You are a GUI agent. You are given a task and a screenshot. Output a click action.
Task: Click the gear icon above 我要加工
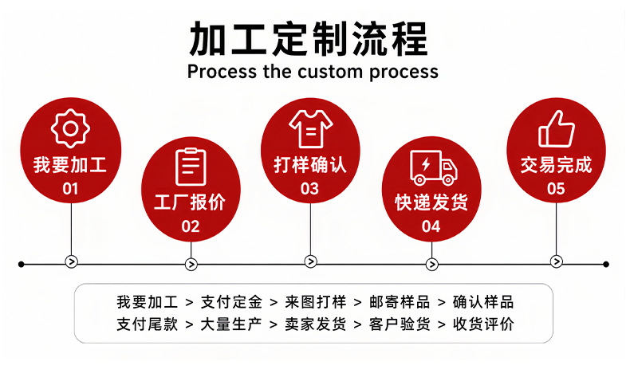pyautogui.click(x=70, y=128)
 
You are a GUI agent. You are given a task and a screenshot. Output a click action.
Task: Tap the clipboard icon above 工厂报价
pyautogui.click(x=191, y=167)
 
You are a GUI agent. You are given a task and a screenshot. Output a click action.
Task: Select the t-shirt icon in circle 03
pyautogui.click(x=310, y=129)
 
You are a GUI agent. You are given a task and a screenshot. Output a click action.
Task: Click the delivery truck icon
pyautogui.click(x=434, y=167)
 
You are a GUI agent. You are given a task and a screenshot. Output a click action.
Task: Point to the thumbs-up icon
pyautogui.click(x=557, y=129)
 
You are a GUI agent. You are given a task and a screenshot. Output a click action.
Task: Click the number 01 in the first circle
pyautogui.click(x=70, y=189)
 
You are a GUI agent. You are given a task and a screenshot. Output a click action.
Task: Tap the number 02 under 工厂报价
pyautogui.click(x=191, y=226)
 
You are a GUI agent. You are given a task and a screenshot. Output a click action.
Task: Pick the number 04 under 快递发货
pyautogui.click(x=431, y=226)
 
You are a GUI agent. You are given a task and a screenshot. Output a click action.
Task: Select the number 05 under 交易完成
pyautogui.click(x=556, y=189)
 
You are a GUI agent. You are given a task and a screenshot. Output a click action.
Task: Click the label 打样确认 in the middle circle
pyautogui.click(x=310, y=165)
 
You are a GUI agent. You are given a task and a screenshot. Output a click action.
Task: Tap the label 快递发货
pyautogui.click(x=431, y=202)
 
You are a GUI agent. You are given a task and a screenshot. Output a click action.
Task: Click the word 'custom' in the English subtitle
pyautogui.click(x=330, y=72)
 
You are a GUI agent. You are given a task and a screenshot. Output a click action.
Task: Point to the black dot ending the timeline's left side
pyautogui.click(x=22, y=264)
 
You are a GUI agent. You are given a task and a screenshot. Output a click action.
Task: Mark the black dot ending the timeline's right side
pyautogui.click(x=606, y=264)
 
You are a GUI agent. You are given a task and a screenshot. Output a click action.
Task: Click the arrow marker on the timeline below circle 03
pyautogui.click(x=310, y=261)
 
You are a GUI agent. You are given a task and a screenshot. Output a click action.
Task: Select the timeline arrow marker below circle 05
pyautogui.click(x=556, y=261)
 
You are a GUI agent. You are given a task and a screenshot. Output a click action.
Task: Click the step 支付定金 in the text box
pyautogui.click(x=231, y=302)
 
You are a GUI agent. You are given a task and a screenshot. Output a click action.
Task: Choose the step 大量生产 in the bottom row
pyautogui.click(x=231, y=324)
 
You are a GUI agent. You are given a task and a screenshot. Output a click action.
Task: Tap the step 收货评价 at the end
pyautogui.click(x=483, y=324)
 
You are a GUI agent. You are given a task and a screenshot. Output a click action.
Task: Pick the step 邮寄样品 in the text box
pyautogui.click(x=400, y=302)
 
